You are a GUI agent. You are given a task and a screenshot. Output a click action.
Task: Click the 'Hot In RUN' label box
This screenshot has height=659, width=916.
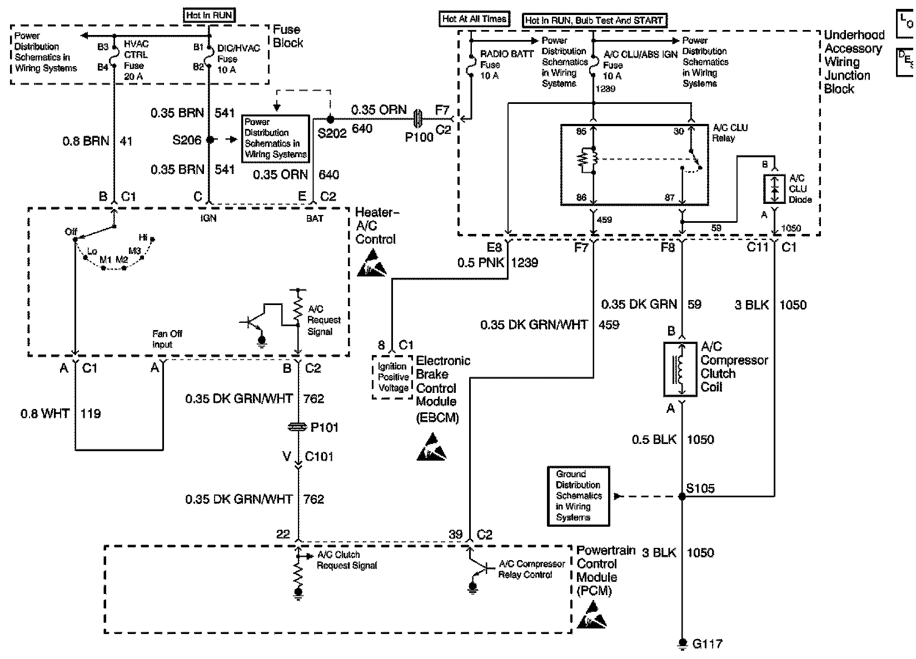click(210, 16)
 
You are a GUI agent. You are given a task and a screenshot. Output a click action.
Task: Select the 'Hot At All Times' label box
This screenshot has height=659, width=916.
click(474, 19)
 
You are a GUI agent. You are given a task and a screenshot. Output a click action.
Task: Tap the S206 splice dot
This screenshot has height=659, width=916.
click(210, 140)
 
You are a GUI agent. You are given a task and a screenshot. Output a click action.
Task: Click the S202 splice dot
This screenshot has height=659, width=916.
click(330, 119)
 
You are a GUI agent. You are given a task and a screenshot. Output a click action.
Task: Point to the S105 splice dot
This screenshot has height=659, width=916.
click(681, 497)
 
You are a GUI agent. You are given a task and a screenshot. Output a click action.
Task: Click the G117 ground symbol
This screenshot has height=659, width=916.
click(681, 643)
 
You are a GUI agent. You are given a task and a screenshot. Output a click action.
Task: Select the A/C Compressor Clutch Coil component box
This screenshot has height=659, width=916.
click(680, 370)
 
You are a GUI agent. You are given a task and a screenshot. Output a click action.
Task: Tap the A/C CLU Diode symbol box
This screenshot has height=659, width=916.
click(774, 189)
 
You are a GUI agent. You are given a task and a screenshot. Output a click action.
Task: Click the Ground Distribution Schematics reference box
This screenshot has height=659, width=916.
click(578, 496)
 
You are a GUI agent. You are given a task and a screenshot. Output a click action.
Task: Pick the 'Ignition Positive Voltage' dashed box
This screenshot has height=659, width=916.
click(392, 377)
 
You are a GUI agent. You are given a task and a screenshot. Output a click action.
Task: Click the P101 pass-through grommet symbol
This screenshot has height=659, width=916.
click(298, 427)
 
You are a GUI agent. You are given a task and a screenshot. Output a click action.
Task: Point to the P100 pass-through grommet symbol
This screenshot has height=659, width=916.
click(418, 119)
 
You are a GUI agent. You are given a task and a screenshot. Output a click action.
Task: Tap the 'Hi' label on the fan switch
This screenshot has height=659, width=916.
click(143, 237)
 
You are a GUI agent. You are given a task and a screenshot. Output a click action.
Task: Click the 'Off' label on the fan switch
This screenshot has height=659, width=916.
click(71, 232)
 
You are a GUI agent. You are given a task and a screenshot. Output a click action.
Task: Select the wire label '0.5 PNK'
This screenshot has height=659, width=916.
click(481, 262)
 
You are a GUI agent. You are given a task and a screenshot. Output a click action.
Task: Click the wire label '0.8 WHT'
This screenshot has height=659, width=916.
click(45, 413)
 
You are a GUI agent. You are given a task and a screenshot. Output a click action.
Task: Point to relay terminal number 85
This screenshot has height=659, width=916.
click(581, 131)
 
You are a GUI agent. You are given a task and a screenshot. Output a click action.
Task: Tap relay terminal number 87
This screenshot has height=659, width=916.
click(669, 197)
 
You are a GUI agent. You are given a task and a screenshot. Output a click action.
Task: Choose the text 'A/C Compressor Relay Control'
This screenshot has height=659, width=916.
click(531, 569)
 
